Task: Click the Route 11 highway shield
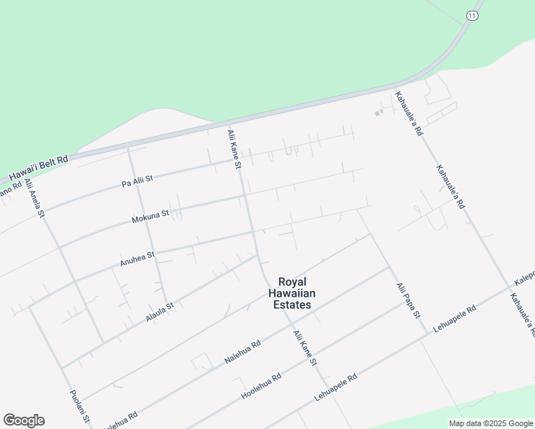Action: tap(472, 16)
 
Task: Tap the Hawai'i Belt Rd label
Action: tap(39, 169)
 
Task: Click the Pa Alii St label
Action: tap(138, 179)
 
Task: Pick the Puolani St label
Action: tap(79, 407)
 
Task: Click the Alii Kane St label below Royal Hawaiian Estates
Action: tap(303, 348)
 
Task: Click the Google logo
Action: tap(24, 420)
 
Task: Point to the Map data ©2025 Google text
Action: tap(491, 423)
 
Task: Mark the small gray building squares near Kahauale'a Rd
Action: tap(379, 112)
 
